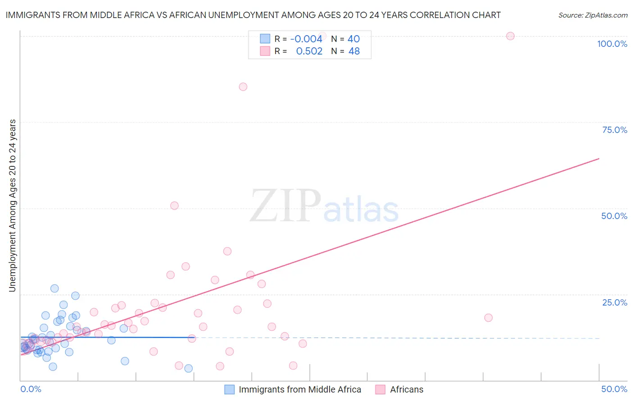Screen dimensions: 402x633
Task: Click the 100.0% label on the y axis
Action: click(612, 44)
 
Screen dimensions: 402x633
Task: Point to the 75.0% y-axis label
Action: click(615, 130)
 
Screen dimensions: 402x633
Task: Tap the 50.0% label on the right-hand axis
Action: click(614, 216)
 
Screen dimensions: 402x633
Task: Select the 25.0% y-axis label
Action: click(615, 302)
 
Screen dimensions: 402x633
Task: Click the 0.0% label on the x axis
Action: click(31, 389)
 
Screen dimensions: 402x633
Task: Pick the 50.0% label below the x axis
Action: click(614, 389)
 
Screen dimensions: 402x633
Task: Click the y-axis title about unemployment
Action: click(12, 206)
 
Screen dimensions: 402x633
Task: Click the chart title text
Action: click(253, 15)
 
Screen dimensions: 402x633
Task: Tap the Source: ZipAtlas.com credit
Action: click(592, 15)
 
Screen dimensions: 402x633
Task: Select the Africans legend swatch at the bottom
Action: click(380, 389)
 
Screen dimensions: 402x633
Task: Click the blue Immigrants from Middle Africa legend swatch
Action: click(230, 389)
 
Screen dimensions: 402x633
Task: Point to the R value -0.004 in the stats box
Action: click(306, 39)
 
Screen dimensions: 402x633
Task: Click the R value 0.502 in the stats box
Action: click(309, 51)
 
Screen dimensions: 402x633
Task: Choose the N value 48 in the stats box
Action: click(354, 51)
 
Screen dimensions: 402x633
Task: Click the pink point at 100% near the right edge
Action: click(510, 36)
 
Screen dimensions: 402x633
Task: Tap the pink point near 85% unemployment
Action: click(243, 87)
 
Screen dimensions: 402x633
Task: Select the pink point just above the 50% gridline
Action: click(174, 206)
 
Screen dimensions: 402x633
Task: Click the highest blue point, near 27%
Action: click(54, 288)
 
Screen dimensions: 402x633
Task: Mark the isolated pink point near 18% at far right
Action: click(488, 318)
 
